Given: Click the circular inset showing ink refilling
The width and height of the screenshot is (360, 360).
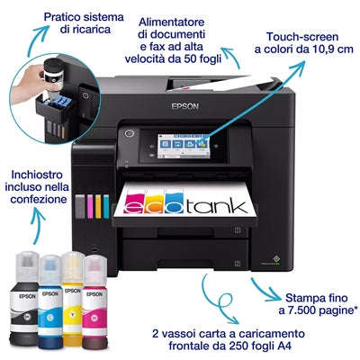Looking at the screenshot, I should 49,98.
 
